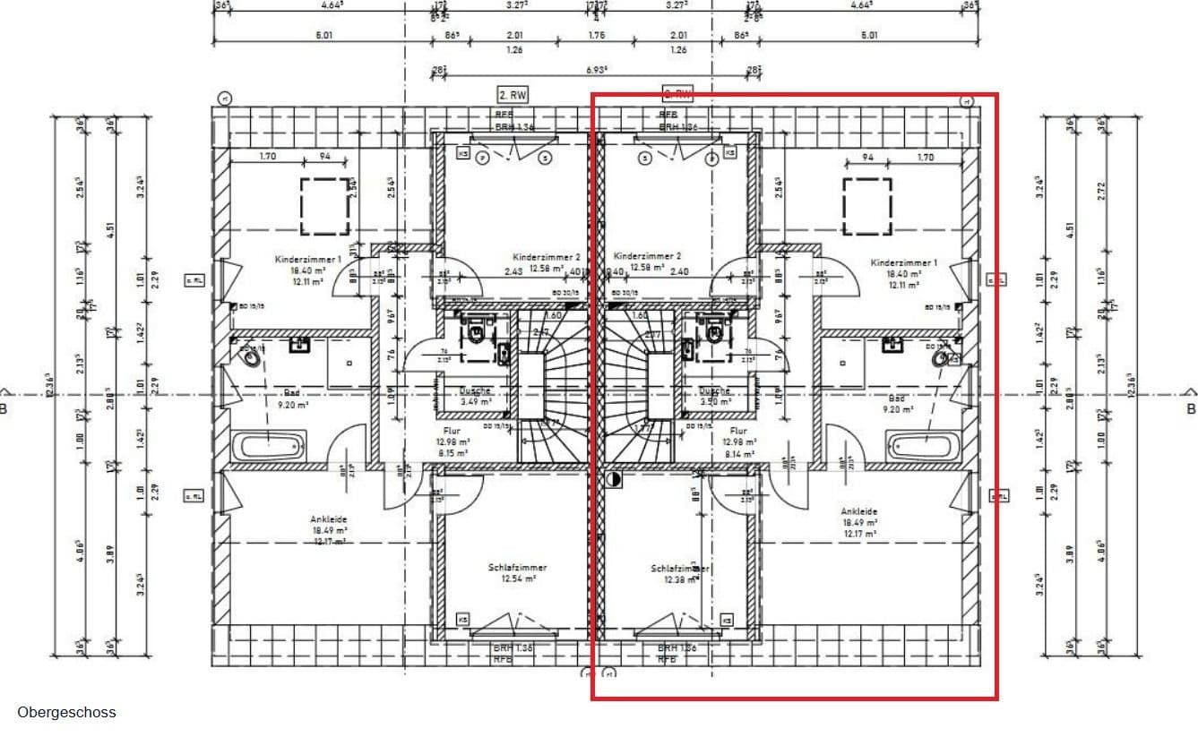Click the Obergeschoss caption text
[66, 713]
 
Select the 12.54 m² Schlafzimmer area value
[518, 579]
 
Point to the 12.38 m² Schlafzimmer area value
[680, 579]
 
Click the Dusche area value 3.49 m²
[475, 402]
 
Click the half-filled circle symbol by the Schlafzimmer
[614, 479]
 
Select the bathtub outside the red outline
[270, 445]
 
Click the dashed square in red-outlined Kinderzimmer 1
[866, 206]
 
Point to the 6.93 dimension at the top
[598, 69]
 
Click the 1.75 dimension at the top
[597, 36]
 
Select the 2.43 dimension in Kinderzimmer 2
[513, 271]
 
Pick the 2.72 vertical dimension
[1102, 191]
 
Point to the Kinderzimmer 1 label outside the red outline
[308, 260]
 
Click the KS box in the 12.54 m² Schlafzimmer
[462, 619]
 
